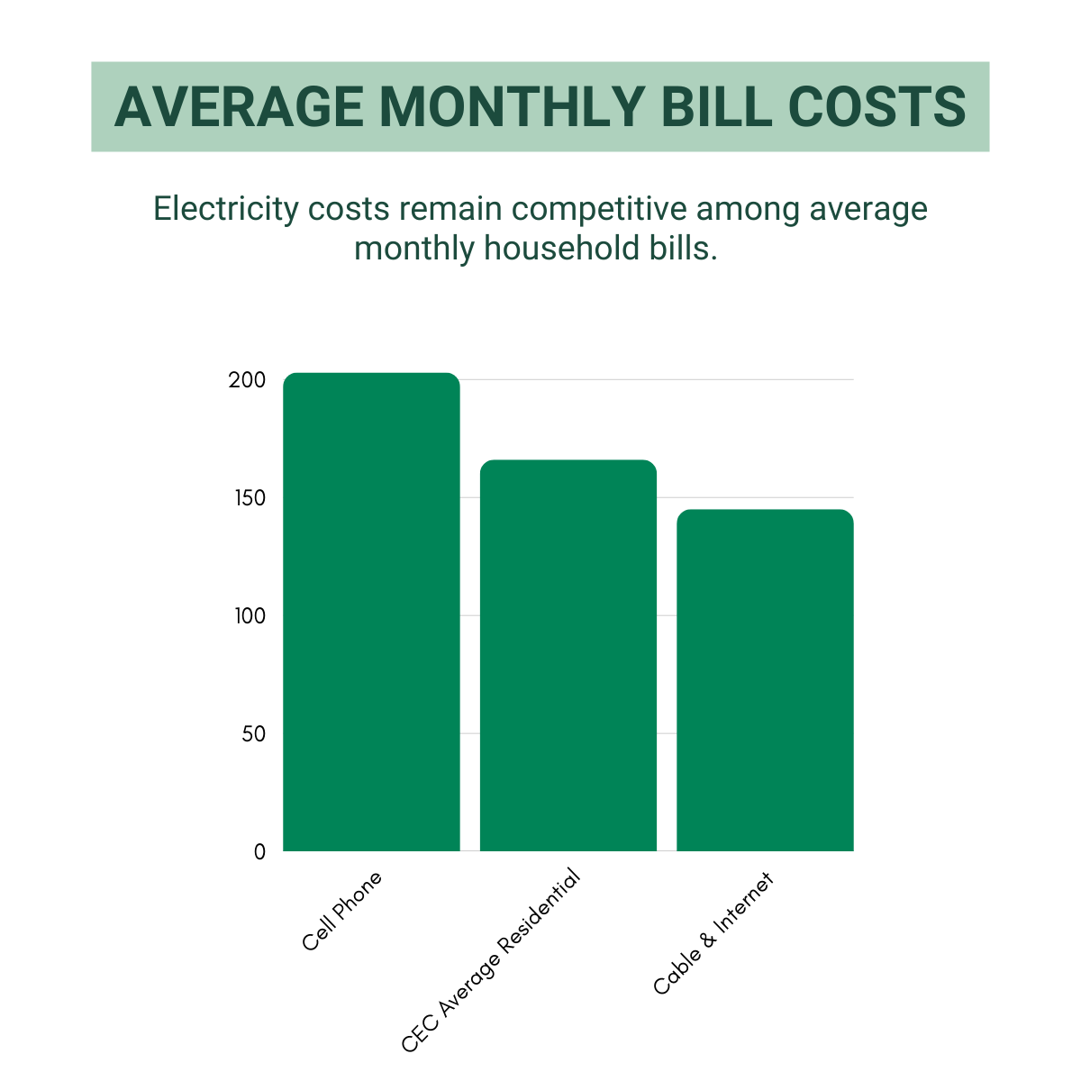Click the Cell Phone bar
371,613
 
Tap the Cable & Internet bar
765,680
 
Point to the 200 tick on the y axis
247,380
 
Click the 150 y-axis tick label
247,498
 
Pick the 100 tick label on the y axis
247,616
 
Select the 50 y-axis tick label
253,734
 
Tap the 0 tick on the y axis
259,852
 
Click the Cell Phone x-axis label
342,911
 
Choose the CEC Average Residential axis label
491,962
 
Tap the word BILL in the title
716,107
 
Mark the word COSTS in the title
877,107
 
